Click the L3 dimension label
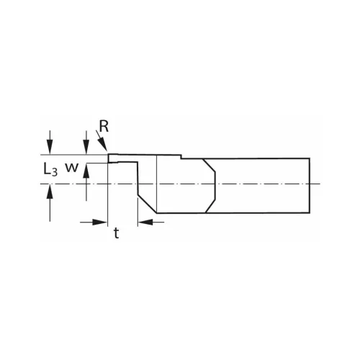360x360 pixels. [x=48, y=170]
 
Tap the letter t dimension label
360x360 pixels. [x=116, y=233]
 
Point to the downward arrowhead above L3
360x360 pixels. [x=49, y=149]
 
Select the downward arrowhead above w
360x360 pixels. [x=86, y=149]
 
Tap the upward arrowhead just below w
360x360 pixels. [x=86, y=168]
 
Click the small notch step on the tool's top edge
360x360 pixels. [x=181, y=156]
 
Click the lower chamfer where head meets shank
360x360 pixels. [x=210, y=204]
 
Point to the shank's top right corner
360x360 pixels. [x=310, y=158]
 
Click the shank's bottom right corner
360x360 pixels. [x=310, y=213]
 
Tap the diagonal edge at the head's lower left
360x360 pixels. [x=147, y=203]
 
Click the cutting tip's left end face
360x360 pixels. [x=108, y=158]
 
